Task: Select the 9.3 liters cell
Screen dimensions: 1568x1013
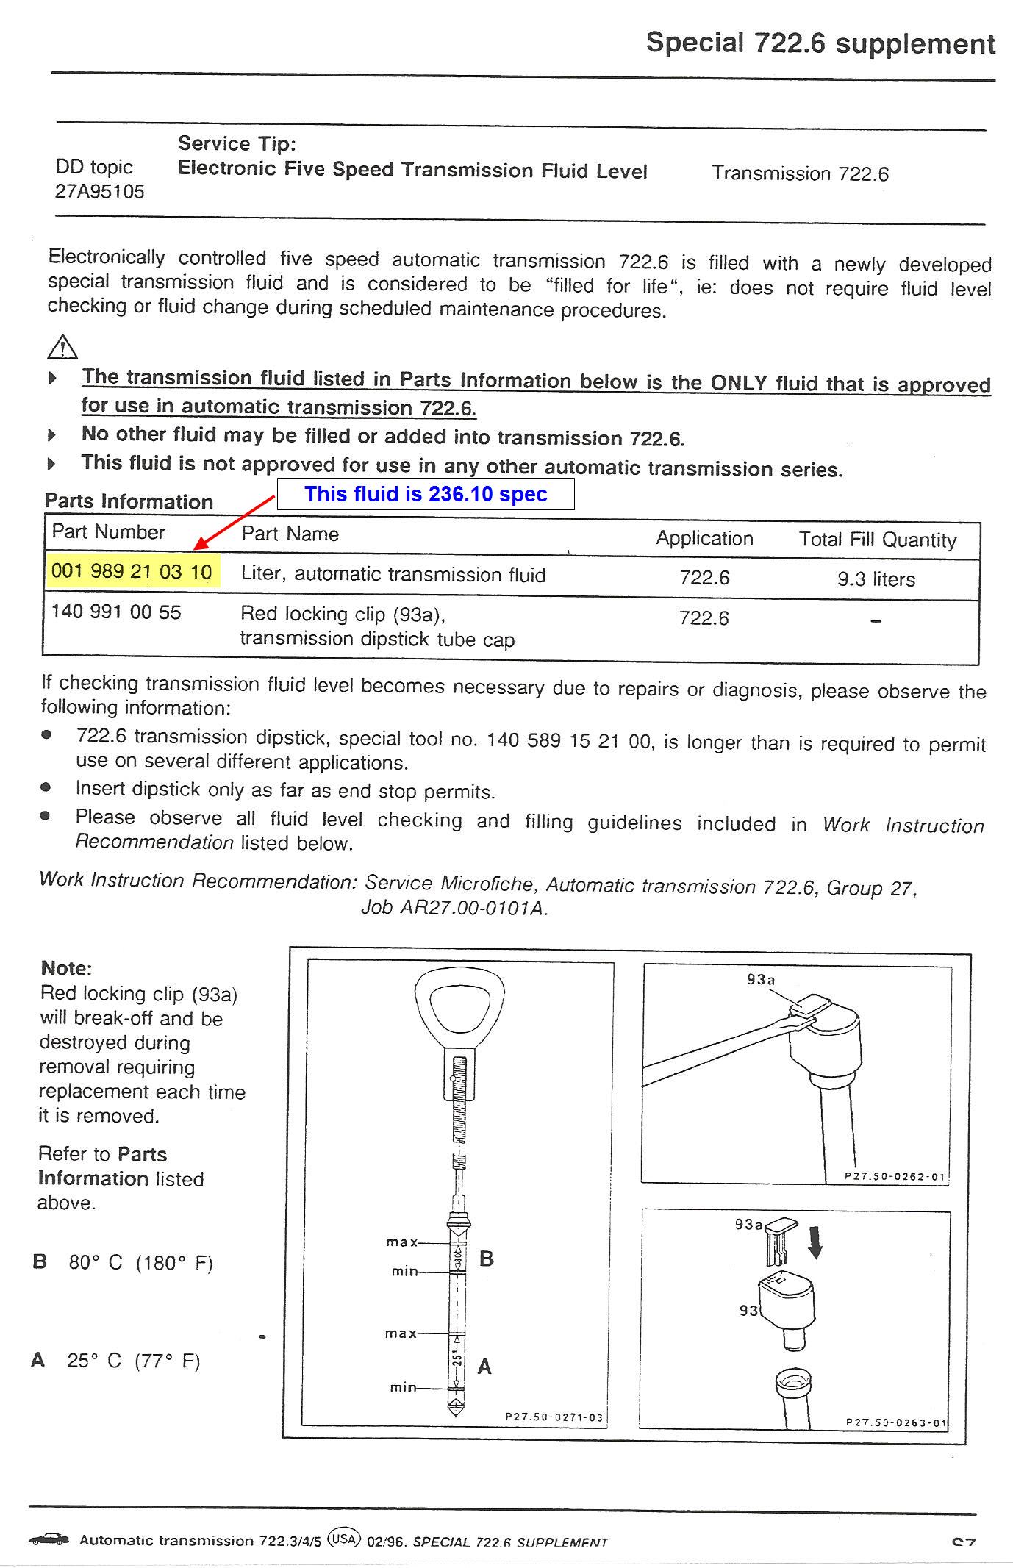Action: click(x=876, y=579)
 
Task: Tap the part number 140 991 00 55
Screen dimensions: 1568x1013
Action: click(x=116, y=612)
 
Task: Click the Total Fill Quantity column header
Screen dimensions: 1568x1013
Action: click(x=878, y=540)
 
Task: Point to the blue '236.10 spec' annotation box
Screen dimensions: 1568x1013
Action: click(x=426, y=494)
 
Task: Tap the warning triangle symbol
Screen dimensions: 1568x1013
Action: click(x=62, y=346)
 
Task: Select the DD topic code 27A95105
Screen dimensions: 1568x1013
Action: click(x=99, y=192)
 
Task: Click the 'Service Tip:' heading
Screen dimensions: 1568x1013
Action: click(x=237, y=143)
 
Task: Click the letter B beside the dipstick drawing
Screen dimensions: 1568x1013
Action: click(x=487, y=1259)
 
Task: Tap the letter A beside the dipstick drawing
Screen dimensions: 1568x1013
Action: click(x=484, y=1367)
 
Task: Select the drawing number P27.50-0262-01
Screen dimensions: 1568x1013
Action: click(x=895, y=1176)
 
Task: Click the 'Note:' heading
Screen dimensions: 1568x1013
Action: click(x=66, y=968)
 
